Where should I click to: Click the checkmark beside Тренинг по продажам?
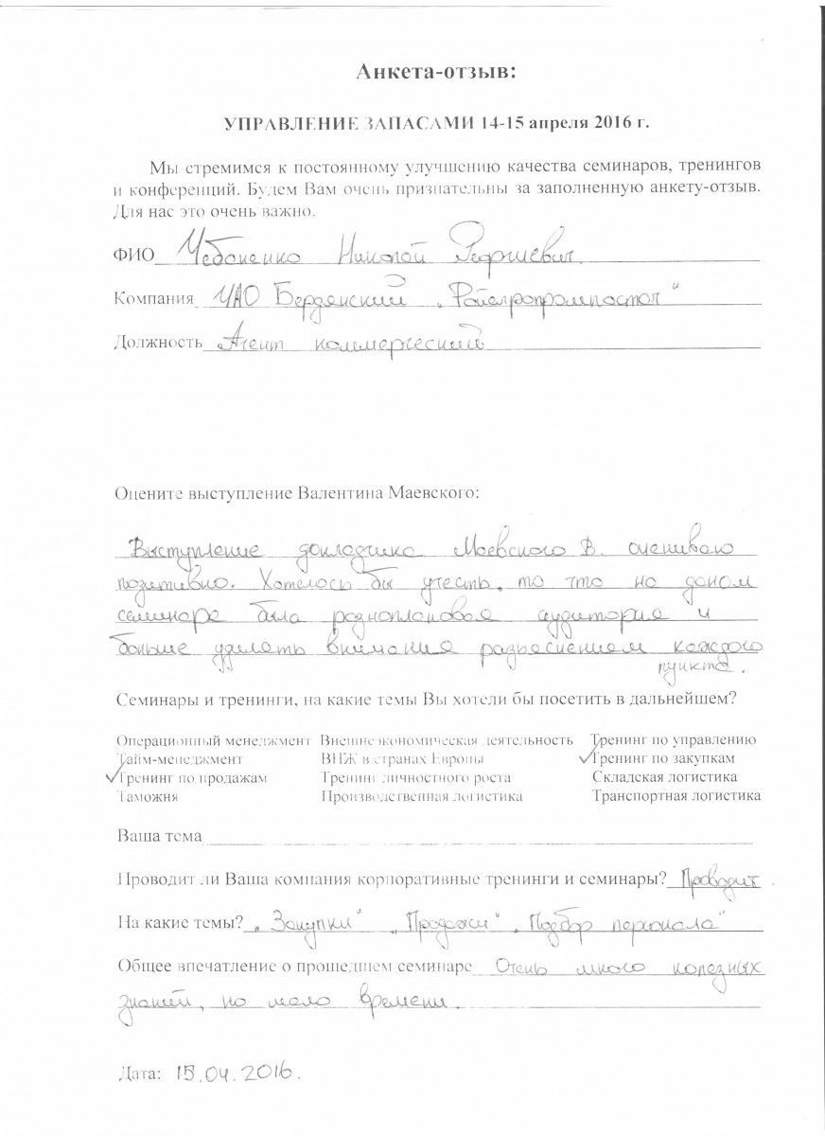(x=114, y=774)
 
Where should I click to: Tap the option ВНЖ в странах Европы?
(x=403, y=759)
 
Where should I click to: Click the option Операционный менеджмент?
(x=213, y=740)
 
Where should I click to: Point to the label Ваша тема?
(x=158, y=837)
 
